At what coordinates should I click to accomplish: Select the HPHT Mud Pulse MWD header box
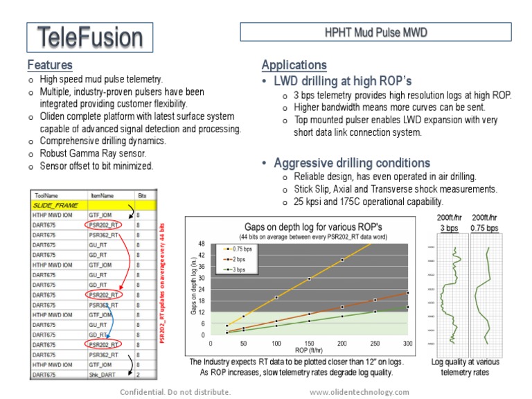point(375,32)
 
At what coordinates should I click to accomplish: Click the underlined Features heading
point(50,65)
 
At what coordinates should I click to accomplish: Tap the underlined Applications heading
point(294,65)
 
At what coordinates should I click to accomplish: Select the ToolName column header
point(45,196)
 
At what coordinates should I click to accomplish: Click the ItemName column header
point(102,196)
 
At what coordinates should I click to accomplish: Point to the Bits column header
point(142,196)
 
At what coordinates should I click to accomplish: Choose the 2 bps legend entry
point(240,258)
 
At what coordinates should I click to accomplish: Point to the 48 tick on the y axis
point(202,244)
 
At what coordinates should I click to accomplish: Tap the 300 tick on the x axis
point(407,343)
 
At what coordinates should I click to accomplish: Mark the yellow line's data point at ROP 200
point(342,260)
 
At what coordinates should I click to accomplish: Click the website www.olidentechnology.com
point(360,392)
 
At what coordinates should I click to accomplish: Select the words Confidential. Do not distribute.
point(175,392)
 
